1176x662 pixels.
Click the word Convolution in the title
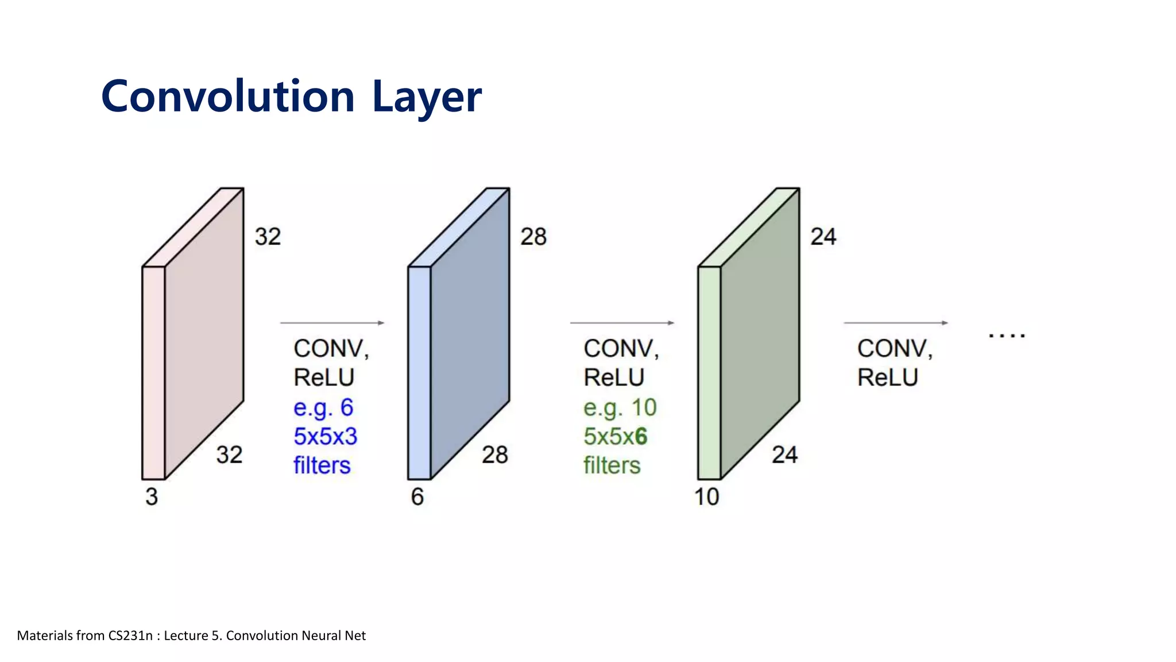(228, 97)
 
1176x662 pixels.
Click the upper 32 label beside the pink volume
(268, 237)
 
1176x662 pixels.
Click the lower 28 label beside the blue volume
(494, 455)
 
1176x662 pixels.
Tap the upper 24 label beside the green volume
(823, 237)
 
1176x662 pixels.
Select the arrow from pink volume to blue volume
(332, 323)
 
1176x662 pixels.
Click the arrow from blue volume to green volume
(622, 323)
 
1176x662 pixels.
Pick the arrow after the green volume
(896, 323)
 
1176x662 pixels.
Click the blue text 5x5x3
(325, 437)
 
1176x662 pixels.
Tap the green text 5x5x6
(615, 437)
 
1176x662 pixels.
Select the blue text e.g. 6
(323, 408)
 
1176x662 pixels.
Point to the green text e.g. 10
(620, 408)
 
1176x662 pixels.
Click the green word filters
(612, 465)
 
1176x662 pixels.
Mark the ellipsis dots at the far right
(1007, 335)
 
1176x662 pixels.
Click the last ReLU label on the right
(887, 378)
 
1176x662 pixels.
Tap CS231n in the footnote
(130, 636)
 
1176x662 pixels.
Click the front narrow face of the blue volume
(419, 374)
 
